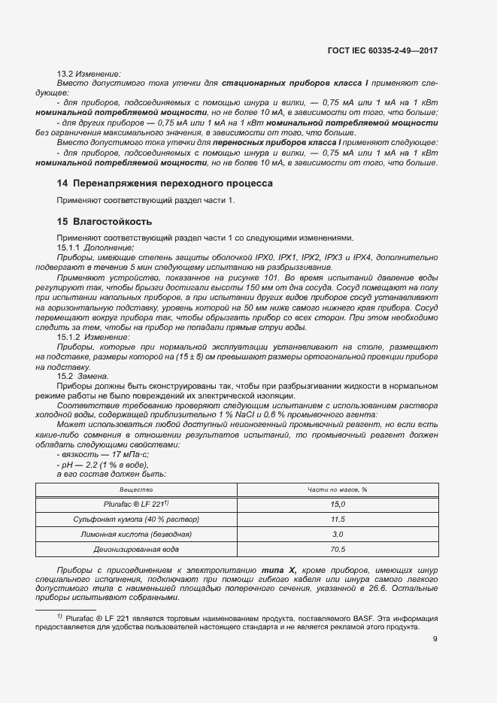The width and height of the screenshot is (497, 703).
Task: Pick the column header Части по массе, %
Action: [x=337, y=489]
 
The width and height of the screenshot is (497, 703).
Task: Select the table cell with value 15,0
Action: [x=337, y=505]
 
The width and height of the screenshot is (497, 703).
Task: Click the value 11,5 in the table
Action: [x=337, y=520]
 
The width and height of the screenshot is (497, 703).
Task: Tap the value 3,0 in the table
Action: [x=337, y=535]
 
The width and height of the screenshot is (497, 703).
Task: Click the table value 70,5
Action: [x=337, y=550]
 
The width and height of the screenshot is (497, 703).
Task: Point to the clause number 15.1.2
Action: [x=68, y=338]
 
